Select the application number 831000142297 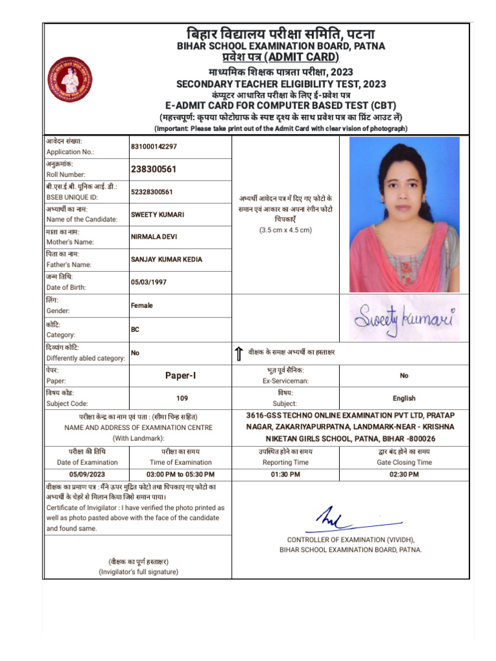(154, 147)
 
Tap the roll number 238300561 (154, 169)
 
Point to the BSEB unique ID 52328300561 (152, 192)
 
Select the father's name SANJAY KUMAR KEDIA (167, 259)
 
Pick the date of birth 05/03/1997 (149, 282)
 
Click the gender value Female (142, 305)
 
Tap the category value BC (135, 329)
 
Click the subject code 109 (182, 398)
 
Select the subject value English (404, 398)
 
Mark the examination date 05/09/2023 (87, 474)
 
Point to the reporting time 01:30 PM (285, 474)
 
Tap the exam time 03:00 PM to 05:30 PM (180, 474)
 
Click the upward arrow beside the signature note (239, 353)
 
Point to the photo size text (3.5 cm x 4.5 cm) (285, 230)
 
